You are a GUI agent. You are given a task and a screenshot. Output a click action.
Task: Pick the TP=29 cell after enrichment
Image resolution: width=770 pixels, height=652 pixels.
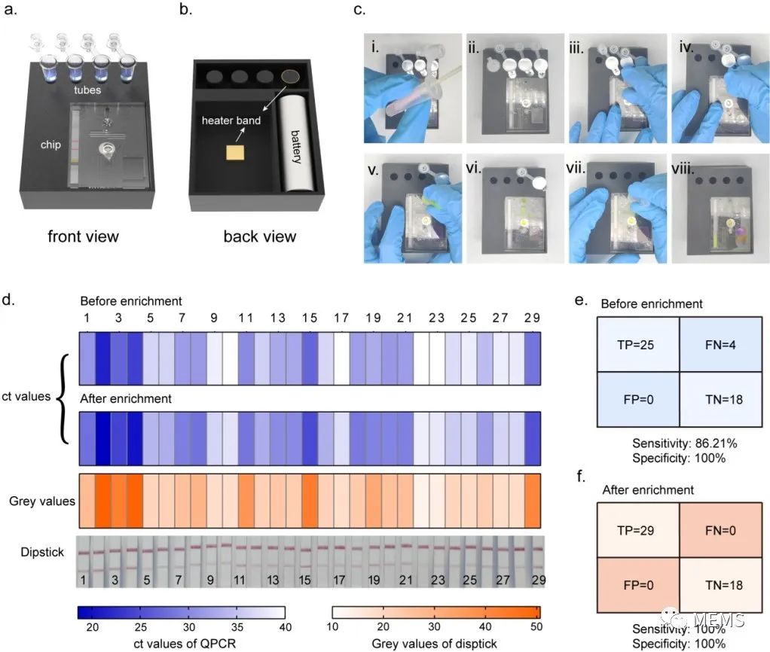click(x=628, y=529)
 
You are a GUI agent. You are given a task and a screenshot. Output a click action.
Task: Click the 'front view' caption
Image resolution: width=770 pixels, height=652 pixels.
click(x=83, y=236)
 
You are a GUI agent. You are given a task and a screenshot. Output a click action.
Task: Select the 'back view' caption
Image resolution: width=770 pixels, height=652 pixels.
click(x=260, y=236)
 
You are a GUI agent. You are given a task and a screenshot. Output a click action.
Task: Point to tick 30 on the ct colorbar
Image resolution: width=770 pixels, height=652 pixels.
click(x=189, y=626)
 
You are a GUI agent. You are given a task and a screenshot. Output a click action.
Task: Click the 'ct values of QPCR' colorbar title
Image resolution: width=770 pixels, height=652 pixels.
click(x=182, y=644)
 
